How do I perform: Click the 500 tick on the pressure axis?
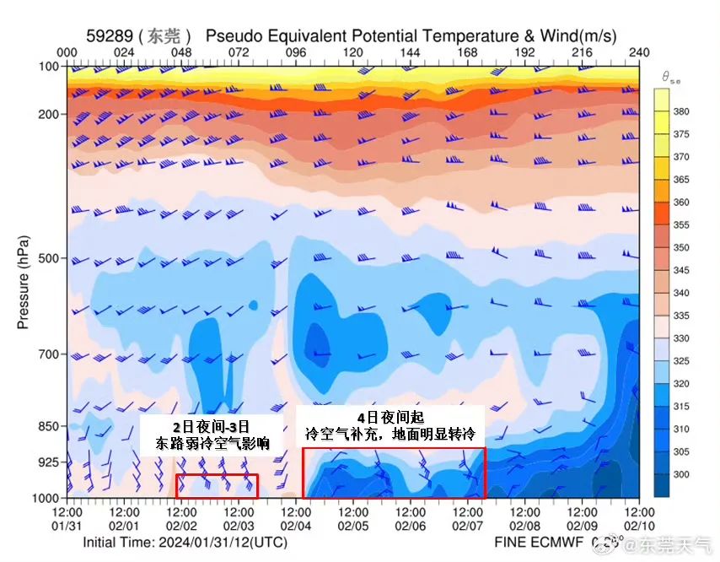pyautogui.click(x=49, y=257)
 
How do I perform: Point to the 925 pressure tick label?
pyautogui.click(x=49, y=462)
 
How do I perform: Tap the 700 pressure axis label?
pyautogui.click(x=49, y=354)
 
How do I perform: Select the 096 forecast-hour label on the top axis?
pyautogui.click(x=296, y=52)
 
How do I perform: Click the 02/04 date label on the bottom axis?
pyautogui.click(x=296, y=527)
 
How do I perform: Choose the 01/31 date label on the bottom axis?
pyautogui.click(x=67, y=527)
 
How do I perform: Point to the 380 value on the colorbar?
pyautogui.click(x=681, y=111)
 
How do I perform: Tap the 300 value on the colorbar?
pyautogui.click(x=681, y=475)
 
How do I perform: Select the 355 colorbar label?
pyautogui.click(x=681, y=224)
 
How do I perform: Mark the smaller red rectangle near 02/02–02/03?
pyautogui.click(x=217, y=486)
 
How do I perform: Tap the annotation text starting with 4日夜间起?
pyautogui.click(x=390, y=427)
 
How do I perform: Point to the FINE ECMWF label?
pyautogui.click(x=540, y=543)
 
